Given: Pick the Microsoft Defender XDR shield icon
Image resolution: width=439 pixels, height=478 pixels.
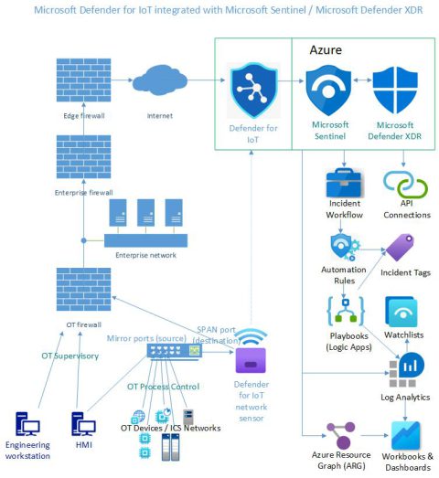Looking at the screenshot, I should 395,91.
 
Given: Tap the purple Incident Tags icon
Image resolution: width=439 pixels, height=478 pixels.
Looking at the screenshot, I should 400,248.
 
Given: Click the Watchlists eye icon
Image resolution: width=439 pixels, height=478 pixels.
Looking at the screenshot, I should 402,312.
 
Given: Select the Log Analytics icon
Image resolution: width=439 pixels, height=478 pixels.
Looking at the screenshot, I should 402,370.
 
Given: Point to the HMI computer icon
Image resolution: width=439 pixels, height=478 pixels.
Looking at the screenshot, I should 85,425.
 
